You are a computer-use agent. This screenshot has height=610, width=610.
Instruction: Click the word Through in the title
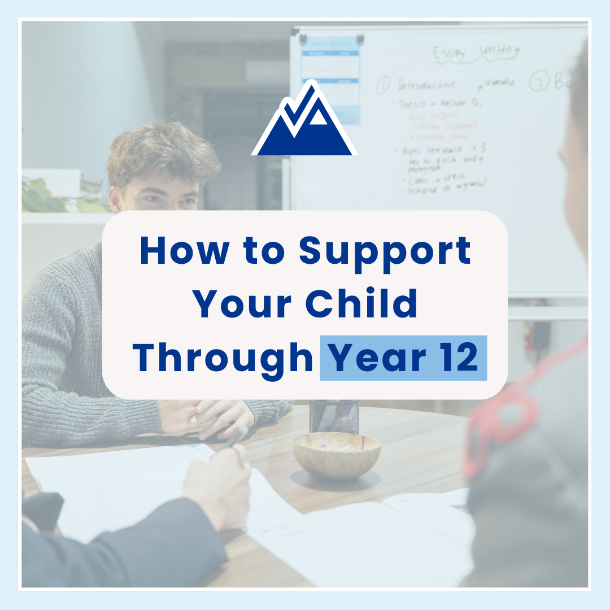pos(223,358)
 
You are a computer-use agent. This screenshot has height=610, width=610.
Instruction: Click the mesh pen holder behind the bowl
pos(334,416)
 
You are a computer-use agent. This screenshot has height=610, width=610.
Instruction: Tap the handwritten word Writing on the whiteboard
pos(499,51)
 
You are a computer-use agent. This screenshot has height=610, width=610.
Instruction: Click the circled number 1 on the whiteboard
pos(382,85)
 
